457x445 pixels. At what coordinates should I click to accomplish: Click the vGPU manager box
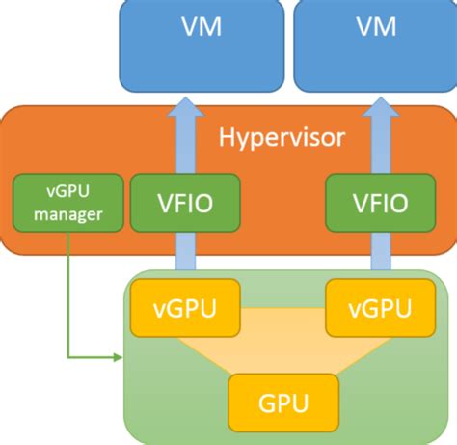pos(67,204)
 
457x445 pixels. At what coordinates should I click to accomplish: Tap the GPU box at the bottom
pos(275,398)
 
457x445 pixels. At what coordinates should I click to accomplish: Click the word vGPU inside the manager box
pos(67,190)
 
